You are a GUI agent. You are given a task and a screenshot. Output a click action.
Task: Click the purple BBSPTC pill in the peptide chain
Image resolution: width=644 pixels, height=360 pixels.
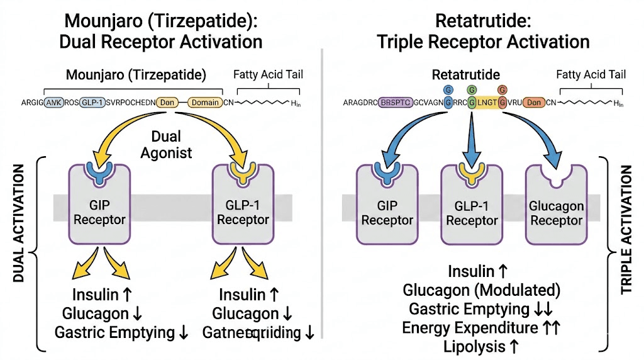(399, 103)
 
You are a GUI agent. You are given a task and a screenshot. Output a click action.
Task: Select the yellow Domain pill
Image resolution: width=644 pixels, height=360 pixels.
(205, 103)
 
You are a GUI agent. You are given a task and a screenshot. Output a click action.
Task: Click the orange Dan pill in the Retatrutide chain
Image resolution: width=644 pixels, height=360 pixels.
(534, 103)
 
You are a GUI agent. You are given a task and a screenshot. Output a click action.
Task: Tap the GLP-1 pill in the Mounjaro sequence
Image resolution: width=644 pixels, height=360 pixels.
(92, 103)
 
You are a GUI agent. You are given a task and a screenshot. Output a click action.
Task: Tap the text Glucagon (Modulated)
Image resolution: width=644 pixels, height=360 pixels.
(481, 290)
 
